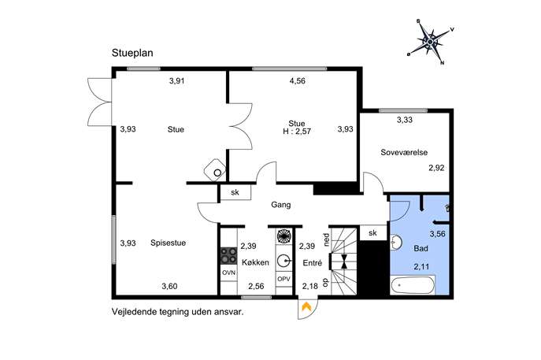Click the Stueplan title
pyautogui.click(x=132, y=53)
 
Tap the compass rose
pyautogui.click(x=430, y=42)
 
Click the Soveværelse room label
pyautogui.click(x=404, y=152)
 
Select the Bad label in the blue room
pyautogui.click(x=421, y=248)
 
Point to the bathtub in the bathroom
pyautogui.click(x=413, y=285)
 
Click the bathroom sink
pyautogui.click(x=396, y=242)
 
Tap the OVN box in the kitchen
pyautogui.click(x=228, y=273)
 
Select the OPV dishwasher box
pyautogui.click(x=284, y=279)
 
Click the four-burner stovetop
pyautogui.click(x=228, y=256)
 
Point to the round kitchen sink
pyautogui.click(x=284, y=262)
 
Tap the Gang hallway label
pyautogui.click(x=281, y=205)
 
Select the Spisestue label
pyautogui.click(x=168, y=243)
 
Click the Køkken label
pyautogui.click(x=255, y=262)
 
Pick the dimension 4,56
pyautogui.click(x=298, y=81)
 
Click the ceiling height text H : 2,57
pyautogui.click(x=297, y=132)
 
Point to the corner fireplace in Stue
pyautogui.click(x=215, y=170)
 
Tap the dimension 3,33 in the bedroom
pyautogui.click(x=404, y=120)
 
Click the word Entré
pyautogui.click(x=313, y=263)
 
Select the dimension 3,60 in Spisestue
pyautogui.click(x=169, y=286)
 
